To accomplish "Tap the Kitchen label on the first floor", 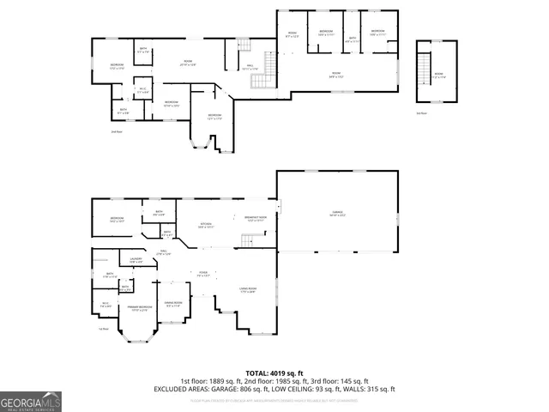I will point(206,225).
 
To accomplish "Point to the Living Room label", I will point(247,290).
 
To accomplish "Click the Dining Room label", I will point(172,304).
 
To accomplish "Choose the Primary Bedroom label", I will point(140,308).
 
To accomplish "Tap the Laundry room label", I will point(136,260).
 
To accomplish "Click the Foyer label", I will point(203,274).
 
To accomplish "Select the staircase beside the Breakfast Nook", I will point(247,242).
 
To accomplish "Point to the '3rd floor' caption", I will point(420,112).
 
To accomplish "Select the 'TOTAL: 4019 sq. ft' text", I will point(275,373).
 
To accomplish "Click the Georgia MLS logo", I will point(31,401).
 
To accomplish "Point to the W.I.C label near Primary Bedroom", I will point(105,304).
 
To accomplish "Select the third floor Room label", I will point(438,75).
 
